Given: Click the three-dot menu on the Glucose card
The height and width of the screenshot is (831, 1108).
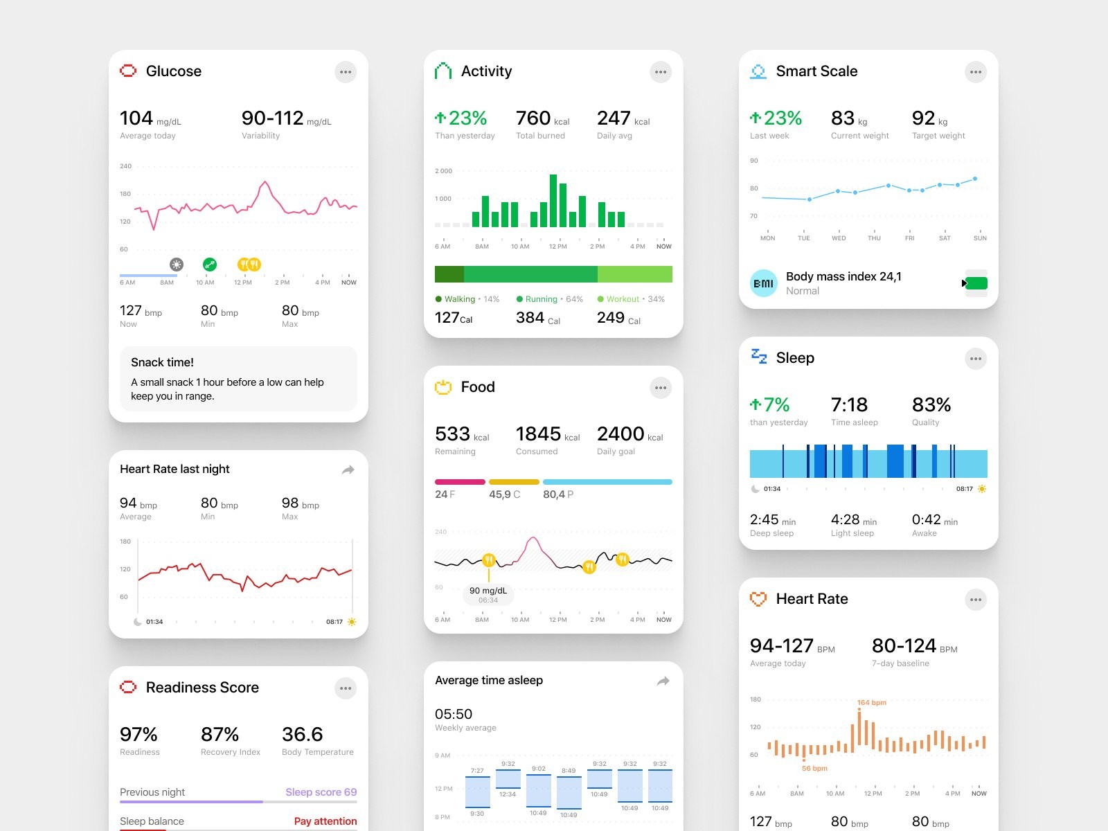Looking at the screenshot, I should coord(346,72).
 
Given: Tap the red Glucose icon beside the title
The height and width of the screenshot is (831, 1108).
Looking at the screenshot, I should coord(128,71).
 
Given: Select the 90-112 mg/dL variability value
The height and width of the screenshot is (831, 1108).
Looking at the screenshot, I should coord(273,118).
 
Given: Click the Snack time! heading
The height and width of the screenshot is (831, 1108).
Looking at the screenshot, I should coord(162,362).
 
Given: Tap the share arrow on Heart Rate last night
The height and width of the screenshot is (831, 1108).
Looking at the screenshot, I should coord(348,470).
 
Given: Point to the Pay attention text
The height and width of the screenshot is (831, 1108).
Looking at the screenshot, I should coord(325,821).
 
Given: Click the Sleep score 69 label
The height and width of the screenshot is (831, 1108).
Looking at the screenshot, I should coord(321,792).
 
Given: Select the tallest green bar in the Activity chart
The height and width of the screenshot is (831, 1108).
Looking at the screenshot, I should coord(553,200).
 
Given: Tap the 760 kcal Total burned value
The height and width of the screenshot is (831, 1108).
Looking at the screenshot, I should coord(534,118).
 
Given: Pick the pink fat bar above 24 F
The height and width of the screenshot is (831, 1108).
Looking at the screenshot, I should coord(460,481).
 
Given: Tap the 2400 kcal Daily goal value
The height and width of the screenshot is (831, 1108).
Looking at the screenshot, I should coord(621,434).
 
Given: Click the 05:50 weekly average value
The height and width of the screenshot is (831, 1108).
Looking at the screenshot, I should coord(454,714).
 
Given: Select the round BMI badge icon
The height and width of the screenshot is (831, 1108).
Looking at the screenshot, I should coord(764,283).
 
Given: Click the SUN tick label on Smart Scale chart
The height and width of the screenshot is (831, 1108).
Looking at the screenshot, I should coord(980,238).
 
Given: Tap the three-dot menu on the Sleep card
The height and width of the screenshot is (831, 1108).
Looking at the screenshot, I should coord(975,359).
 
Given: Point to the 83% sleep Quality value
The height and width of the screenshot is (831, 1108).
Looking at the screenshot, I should coord(931,405).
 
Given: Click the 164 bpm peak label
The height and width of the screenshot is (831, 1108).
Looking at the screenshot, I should coord(871,703).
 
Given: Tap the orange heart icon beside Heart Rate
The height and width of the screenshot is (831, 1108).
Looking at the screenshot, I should coord(758,599).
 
